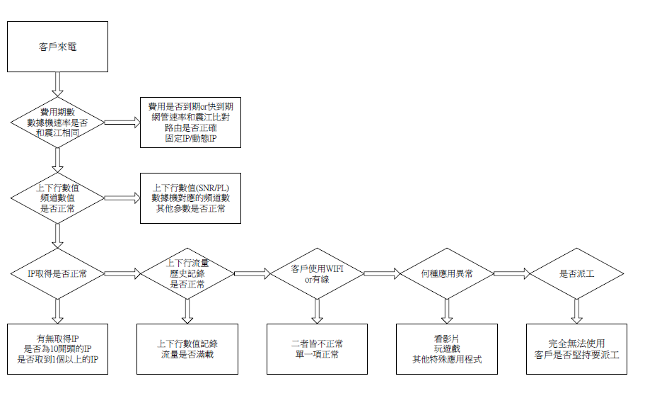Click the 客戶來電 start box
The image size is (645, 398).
coord(58,47)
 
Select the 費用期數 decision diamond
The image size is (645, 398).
coord(58,123)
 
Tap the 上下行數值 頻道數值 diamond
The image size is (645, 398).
coord(58,198)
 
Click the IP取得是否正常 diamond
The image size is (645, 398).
coord(58,273)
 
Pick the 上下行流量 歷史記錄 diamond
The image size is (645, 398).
coord(187,273)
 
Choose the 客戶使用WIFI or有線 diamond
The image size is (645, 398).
coord(318,273)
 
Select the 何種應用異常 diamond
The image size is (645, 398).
coord(447,273)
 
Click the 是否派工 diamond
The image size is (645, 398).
coord(577,273)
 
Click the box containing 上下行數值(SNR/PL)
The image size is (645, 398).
coord(190,198)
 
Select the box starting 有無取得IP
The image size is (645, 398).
coord(58,349)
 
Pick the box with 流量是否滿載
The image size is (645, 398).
coord(187,349)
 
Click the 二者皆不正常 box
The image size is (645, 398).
coord(318,349)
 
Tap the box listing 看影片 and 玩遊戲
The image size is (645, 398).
coord(447,349)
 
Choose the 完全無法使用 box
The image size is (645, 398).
coord(577,349)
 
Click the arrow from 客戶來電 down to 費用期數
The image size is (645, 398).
coord(58,83)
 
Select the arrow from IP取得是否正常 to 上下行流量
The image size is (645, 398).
coord(122,273)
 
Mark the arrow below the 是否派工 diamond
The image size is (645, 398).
coord(577,310)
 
